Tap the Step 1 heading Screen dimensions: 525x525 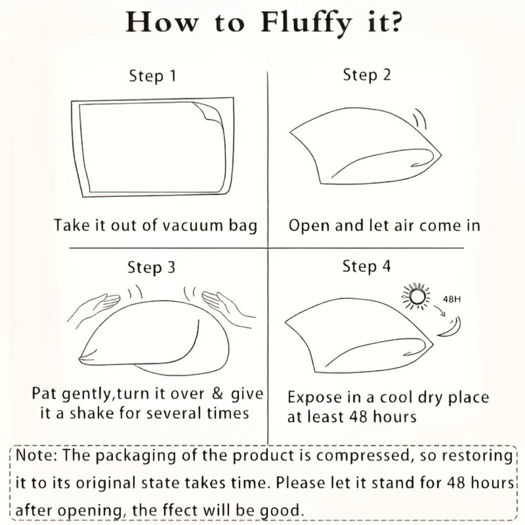pyautogui.click(x=153, y=76)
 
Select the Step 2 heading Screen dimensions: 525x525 pyautogui.click(x=367, y=75)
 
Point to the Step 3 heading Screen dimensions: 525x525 pyautogui.click(x=151, y=268)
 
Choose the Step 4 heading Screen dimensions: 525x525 pyautogui.click(x=366, y=267)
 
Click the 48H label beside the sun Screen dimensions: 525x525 pyautogui.click(x=451, y=299)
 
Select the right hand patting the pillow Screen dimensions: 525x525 pyautogui.click(x=228, y=307)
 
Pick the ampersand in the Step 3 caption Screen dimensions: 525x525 pyautogui.click(x=218, y=393)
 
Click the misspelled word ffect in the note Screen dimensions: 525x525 pyautogui.click(x=181, y=511)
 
